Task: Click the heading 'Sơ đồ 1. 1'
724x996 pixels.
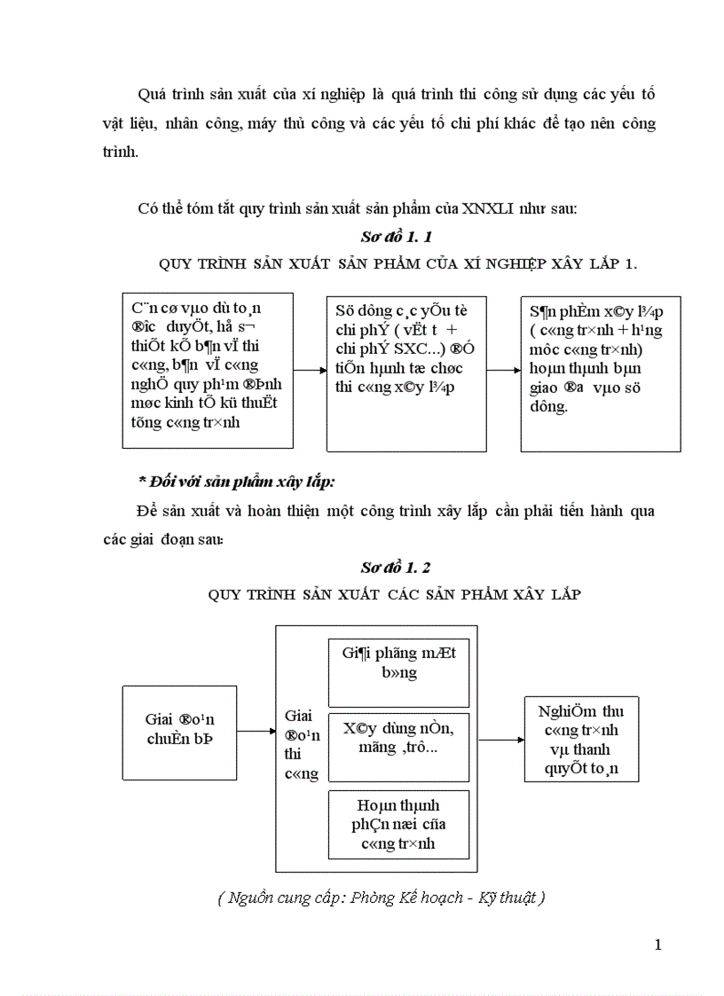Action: tap(397, 237)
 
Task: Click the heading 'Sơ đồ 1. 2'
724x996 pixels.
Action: tap(396, 567)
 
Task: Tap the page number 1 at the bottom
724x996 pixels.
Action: tap(657, 945)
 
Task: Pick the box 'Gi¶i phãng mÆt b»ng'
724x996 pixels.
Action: tap(398, 663)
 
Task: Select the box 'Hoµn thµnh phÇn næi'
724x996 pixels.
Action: tap(398, 824)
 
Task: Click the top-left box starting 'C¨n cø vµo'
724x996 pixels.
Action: tap(208, 370)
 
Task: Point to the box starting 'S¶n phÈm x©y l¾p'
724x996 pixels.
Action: tap(600, 373)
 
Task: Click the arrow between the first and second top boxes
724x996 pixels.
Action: tap(310, 370)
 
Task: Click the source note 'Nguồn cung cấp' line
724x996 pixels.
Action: tap(381, 898)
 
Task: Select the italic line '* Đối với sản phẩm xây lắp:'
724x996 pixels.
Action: tap(236, 481)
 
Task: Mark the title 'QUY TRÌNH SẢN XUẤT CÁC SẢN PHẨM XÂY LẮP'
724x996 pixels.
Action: tap(395, 594)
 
